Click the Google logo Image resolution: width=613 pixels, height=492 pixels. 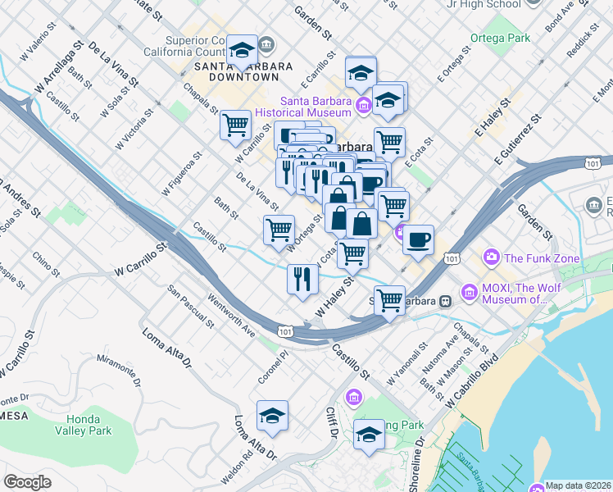(27, 482)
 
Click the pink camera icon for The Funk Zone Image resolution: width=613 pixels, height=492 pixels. (491, 257)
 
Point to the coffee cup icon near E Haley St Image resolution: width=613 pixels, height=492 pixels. (418, 240)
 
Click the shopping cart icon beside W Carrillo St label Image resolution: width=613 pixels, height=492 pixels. (236, 125)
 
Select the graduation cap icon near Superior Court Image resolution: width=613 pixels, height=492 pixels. (242, 50)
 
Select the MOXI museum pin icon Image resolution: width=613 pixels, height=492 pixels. (470, 291)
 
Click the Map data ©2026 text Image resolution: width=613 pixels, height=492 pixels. (578, 485)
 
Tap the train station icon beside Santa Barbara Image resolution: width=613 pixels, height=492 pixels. (445, 300)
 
